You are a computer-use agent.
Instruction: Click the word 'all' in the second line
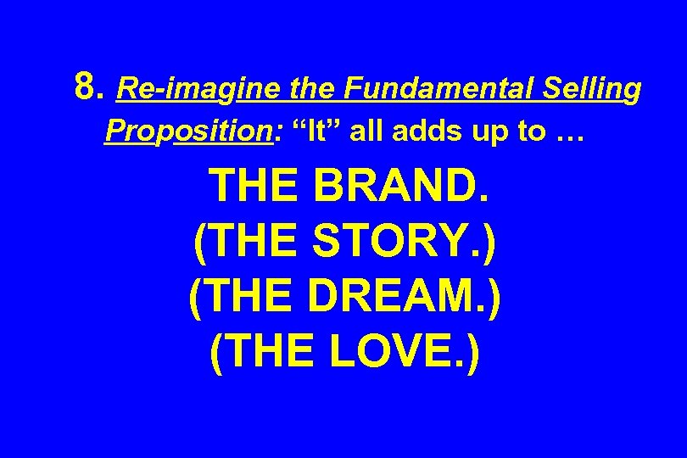coord(366,131)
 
